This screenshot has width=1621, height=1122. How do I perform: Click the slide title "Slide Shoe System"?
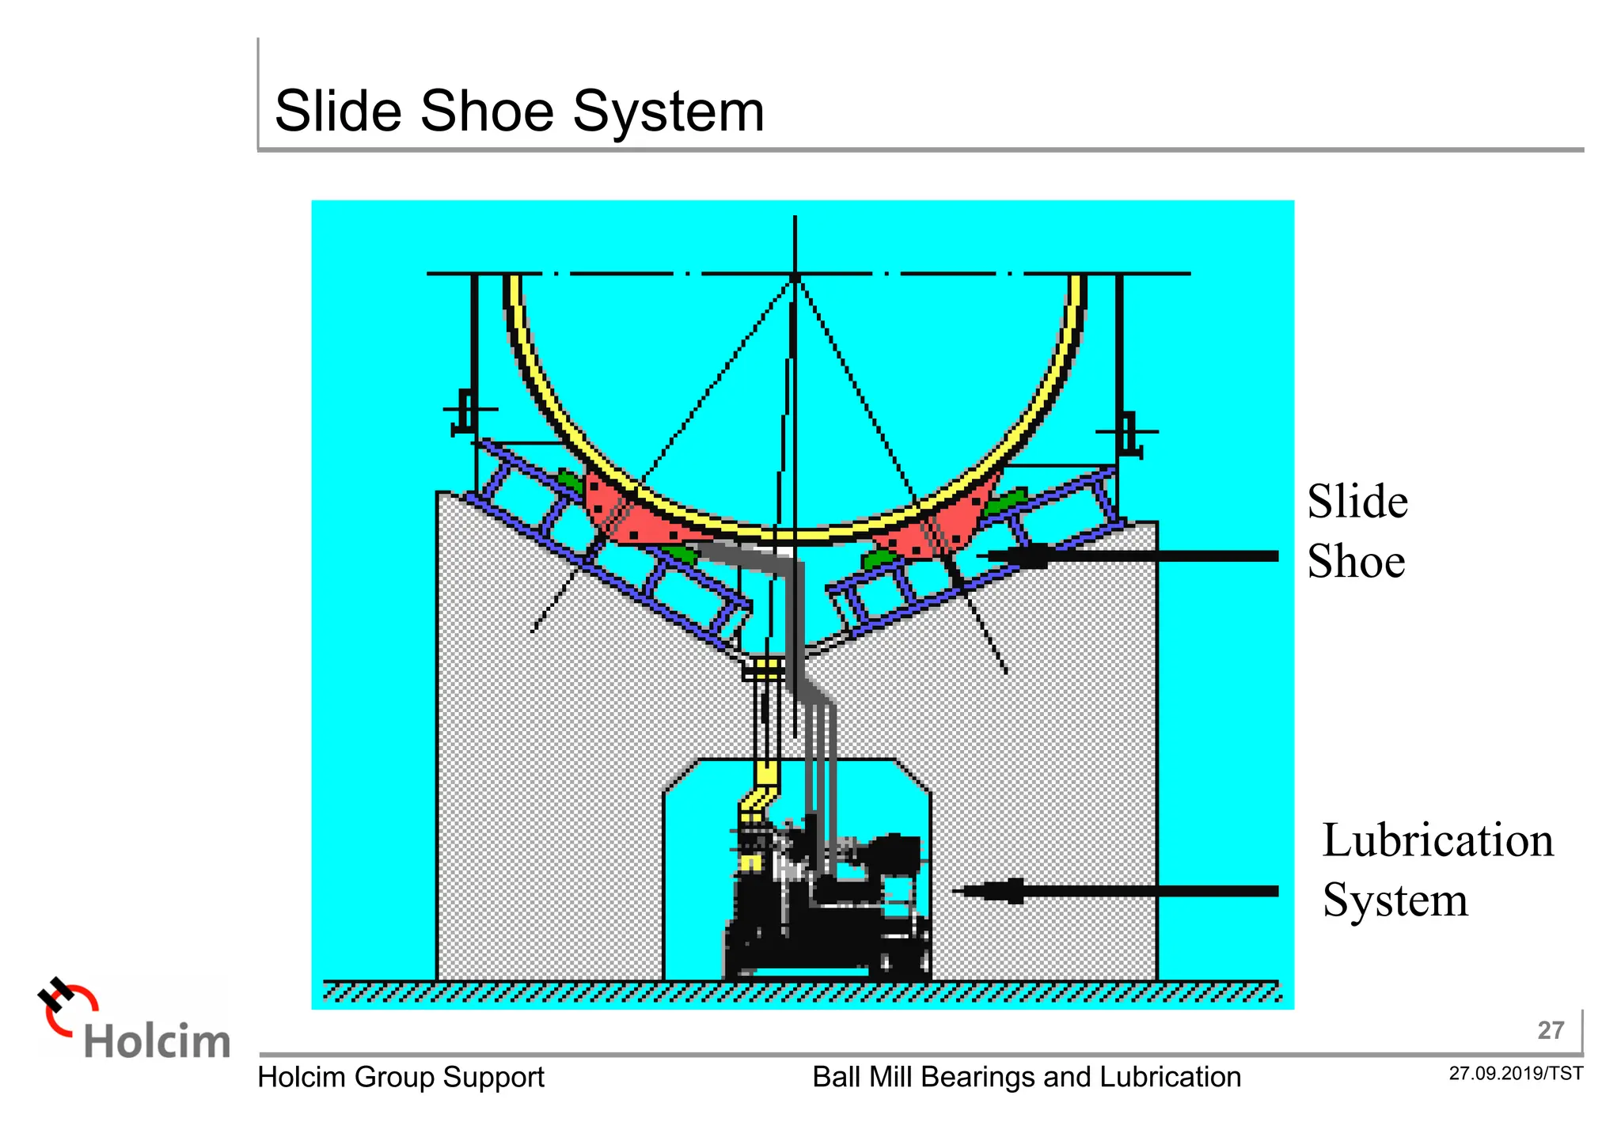519,112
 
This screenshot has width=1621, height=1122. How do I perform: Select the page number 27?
1551,1030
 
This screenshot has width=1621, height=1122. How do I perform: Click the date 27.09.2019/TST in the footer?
1516,1074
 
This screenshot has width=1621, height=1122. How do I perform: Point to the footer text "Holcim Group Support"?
401,1078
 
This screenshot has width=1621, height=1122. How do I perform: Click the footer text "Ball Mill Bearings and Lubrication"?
1027,1078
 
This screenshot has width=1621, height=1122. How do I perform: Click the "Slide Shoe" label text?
1357,532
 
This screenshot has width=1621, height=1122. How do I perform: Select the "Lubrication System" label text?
1437,870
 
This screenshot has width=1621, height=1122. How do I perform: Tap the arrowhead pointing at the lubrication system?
989,891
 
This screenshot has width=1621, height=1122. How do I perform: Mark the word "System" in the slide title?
668,112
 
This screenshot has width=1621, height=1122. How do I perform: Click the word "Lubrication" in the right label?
1437,840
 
